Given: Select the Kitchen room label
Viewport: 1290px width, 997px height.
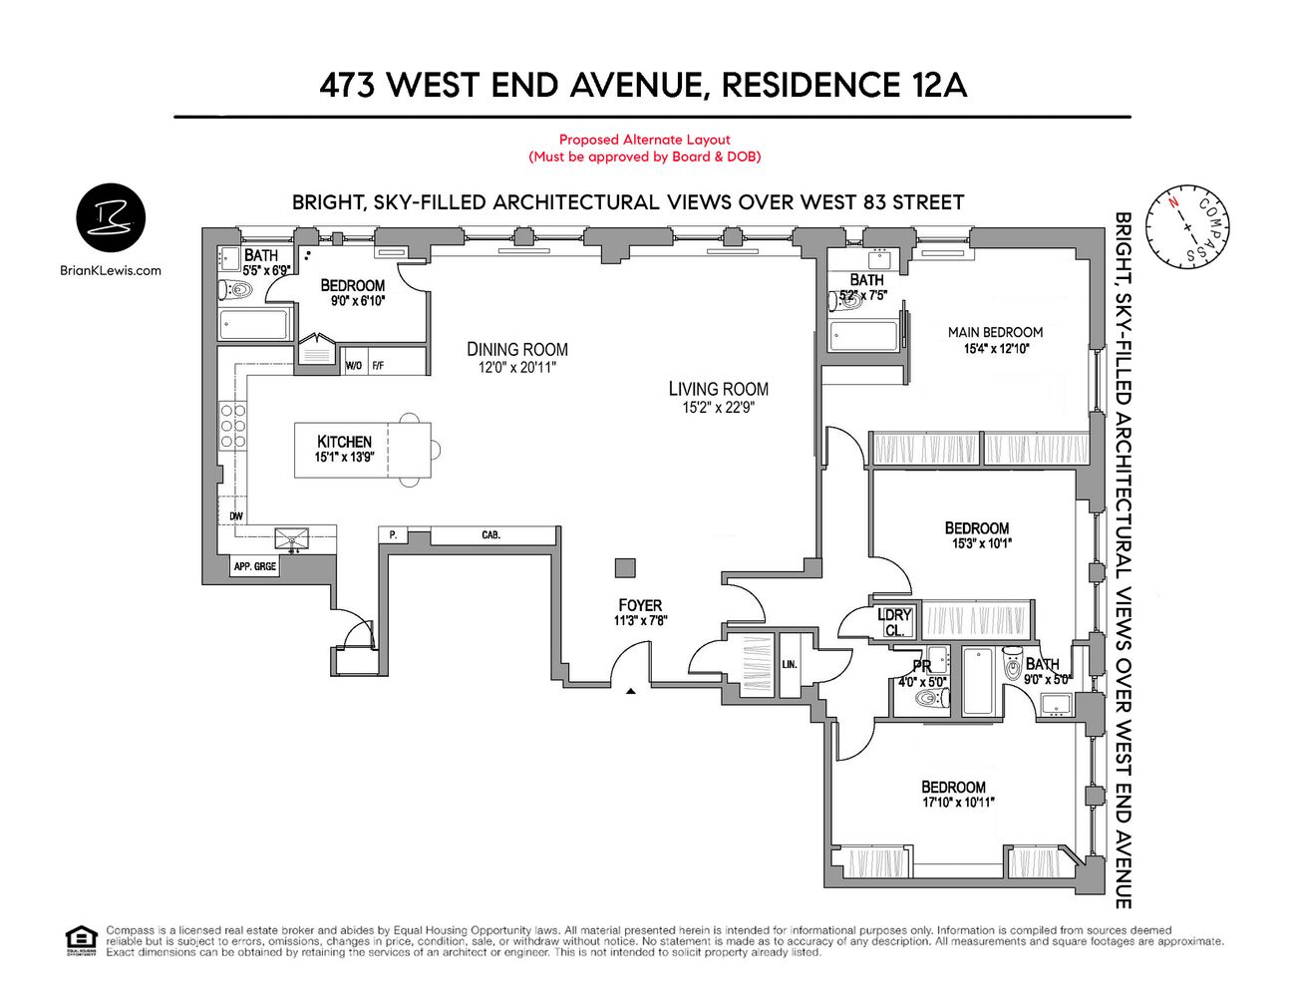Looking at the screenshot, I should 344,442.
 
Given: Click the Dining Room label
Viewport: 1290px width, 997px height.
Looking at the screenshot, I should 517,349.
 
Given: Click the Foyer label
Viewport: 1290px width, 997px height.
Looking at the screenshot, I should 640,605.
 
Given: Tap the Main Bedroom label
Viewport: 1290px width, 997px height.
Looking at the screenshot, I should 995,332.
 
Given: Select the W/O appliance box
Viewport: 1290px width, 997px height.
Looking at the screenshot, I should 354,366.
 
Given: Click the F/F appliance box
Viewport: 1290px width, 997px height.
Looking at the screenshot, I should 378,366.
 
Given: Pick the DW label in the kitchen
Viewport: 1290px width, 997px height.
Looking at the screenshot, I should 236,515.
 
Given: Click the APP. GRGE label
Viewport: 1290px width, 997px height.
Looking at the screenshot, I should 254,566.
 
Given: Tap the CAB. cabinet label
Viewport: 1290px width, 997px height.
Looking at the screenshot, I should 490,535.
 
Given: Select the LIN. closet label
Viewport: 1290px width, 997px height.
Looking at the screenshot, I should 790,663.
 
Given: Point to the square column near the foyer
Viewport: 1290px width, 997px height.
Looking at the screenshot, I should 625,567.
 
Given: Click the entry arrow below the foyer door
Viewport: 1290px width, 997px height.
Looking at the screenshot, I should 630,690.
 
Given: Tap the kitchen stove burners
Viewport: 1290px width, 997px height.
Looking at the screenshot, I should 233,427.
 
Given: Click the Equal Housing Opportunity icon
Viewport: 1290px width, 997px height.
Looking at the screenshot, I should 81,940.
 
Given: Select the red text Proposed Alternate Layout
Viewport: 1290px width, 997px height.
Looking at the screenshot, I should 644,140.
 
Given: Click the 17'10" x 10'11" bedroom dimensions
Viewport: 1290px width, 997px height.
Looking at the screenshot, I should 958,802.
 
